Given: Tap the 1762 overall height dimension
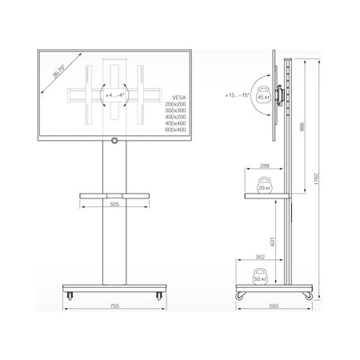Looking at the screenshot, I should pyautogui.click(x=318, y=177).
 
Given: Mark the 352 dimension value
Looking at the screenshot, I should pyautogui.click(x=261, y=258).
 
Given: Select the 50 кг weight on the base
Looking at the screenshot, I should pyautogui.click(x=258, y=278).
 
